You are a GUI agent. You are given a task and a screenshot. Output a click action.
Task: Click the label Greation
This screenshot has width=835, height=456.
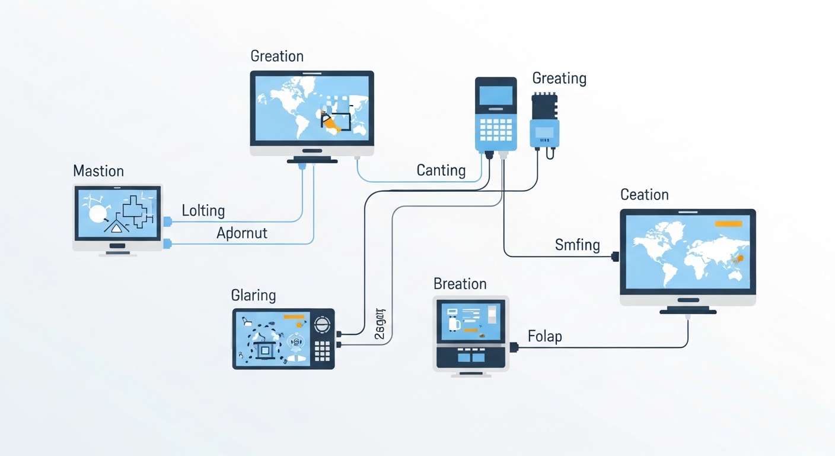coord(277,56)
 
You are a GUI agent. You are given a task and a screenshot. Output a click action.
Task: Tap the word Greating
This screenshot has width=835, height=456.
coord(559,78)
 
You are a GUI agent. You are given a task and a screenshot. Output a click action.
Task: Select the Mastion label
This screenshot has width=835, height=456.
coord(98,172)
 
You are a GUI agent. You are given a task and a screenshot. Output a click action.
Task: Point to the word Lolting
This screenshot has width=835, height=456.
coord(203,211)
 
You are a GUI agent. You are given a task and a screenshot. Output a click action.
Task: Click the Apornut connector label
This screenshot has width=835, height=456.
coord(242,233)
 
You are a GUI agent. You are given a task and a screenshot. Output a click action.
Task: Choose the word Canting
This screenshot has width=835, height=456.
coord(441,171)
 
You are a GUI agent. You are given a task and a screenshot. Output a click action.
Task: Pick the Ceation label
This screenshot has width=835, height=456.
coord(644,195)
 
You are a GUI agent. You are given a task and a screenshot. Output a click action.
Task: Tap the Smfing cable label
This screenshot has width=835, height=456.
coord(577,245)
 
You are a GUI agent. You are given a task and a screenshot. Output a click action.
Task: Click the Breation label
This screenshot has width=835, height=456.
coord(460,284)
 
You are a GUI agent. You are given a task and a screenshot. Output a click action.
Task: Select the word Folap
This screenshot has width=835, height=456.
coord(544,337)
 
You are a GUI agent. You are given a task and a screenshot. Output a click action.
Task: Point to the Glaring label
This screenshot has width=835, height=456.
coord(253,295)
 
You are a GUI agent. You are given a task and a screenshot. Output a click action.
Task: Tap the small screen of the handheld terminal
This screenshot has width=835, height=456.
coord(495,95)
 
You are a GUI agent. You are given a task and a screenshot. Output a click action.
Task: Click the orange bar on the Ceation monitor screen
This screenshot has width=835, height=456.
coord(728,224)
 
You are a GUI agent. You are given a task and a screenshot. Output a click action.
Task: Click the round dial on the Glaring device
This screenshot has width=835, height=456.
coord(321,324)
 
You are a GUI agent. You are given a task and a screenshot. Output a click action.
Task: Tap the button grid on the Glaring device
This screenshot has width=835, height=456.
coord(321,350)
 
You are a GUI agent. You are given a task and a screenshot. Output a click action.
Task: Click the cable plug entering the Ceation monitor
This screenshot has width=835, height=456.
coord(615,256)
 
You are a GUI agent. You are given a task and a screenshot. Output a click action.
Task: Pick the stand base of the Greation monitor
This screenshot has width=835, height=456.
coord(311,160)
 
